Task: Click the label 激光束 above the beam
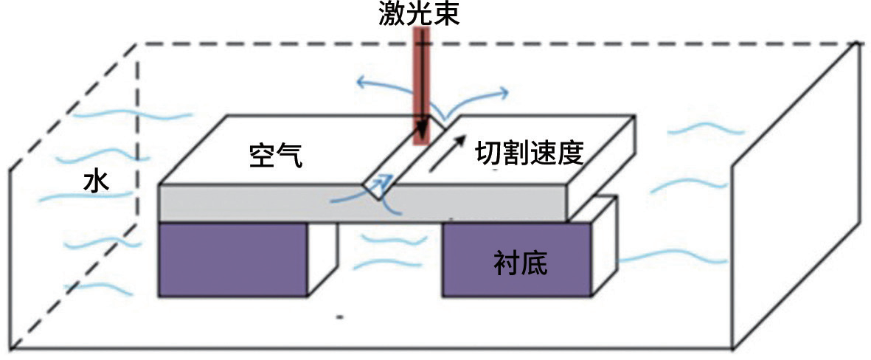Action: coord(419,14)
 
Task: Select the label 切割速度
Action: coord(530,153)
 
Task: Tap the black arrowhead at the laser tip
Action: coord(422,130)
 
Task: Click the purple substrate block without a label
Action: coord(233,260)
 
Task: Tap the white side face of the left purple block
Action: coord(322,257)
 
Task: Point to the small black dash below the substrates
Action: coord(341,318)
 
